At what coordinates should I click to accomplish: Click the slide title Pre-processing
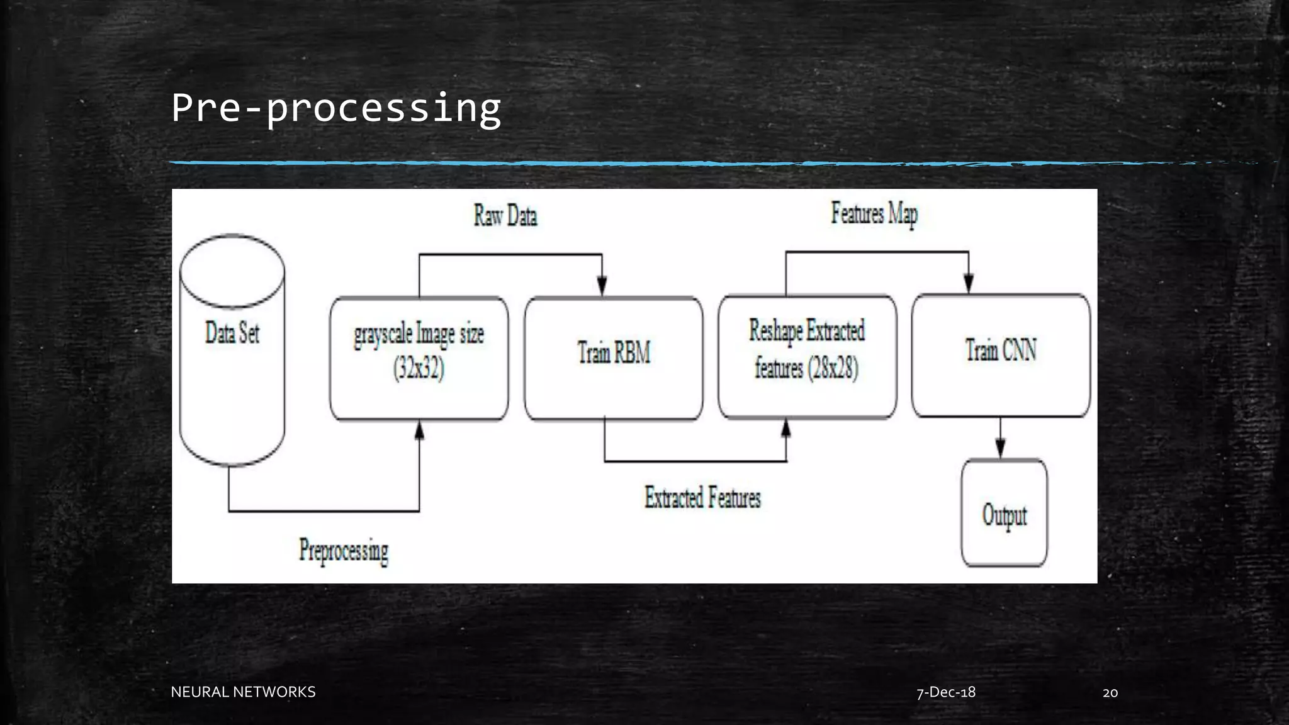(x=336, y=108)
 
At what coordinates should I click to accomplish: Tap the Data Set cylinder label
(x=232, y=333)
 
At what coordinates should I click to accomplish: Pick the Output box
(x=1005, y=515)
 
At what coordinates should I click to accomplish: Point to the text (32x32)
(x=419, y=368)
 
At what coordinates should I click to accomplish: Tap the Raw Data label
(x=505, y=216)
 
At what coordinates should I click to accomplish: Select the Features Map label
(x=874, y=213)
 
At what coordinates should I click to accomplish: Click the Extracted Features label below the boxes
(x=702, y=498)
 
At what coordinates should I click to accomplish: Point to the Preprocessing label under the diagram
(x=344, y=551)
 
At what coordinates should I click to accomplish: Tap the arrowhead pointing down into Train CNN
(x=969, y=283)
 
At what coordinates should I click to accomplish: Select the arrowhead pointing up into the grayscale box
(x=419, y=431)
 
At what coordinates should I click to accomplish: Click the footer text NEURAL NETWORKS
(x=243, y=692)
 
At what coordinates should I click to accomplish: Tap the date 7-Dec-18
(x=946, y=692)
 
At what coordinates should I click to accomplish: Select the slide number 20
(x=1110, y=693)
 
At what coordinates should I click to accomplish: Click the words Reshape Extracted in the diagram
(x=807, y=331)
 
